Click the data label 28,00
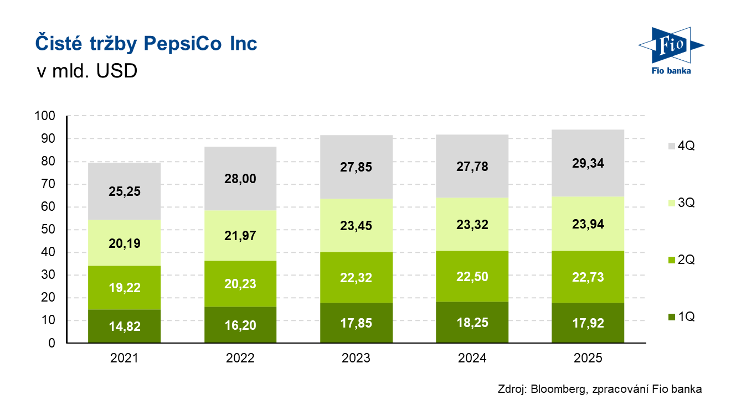click(x=240, y=179)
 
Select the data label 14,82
click(x=124, y=326)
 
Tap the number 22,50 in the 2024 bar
click(x=472, y=276)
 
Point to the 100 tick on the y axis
click(x=45, y=116)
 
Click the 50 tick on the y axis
click(x=48, y=230)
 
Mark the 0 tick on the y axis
click(x=52, y=343)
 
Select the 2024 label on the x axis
click(x=472, y=359)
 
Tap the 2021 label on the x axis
click(x=124, y=359)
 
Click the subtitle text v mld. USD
click(x=87, y=72)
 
